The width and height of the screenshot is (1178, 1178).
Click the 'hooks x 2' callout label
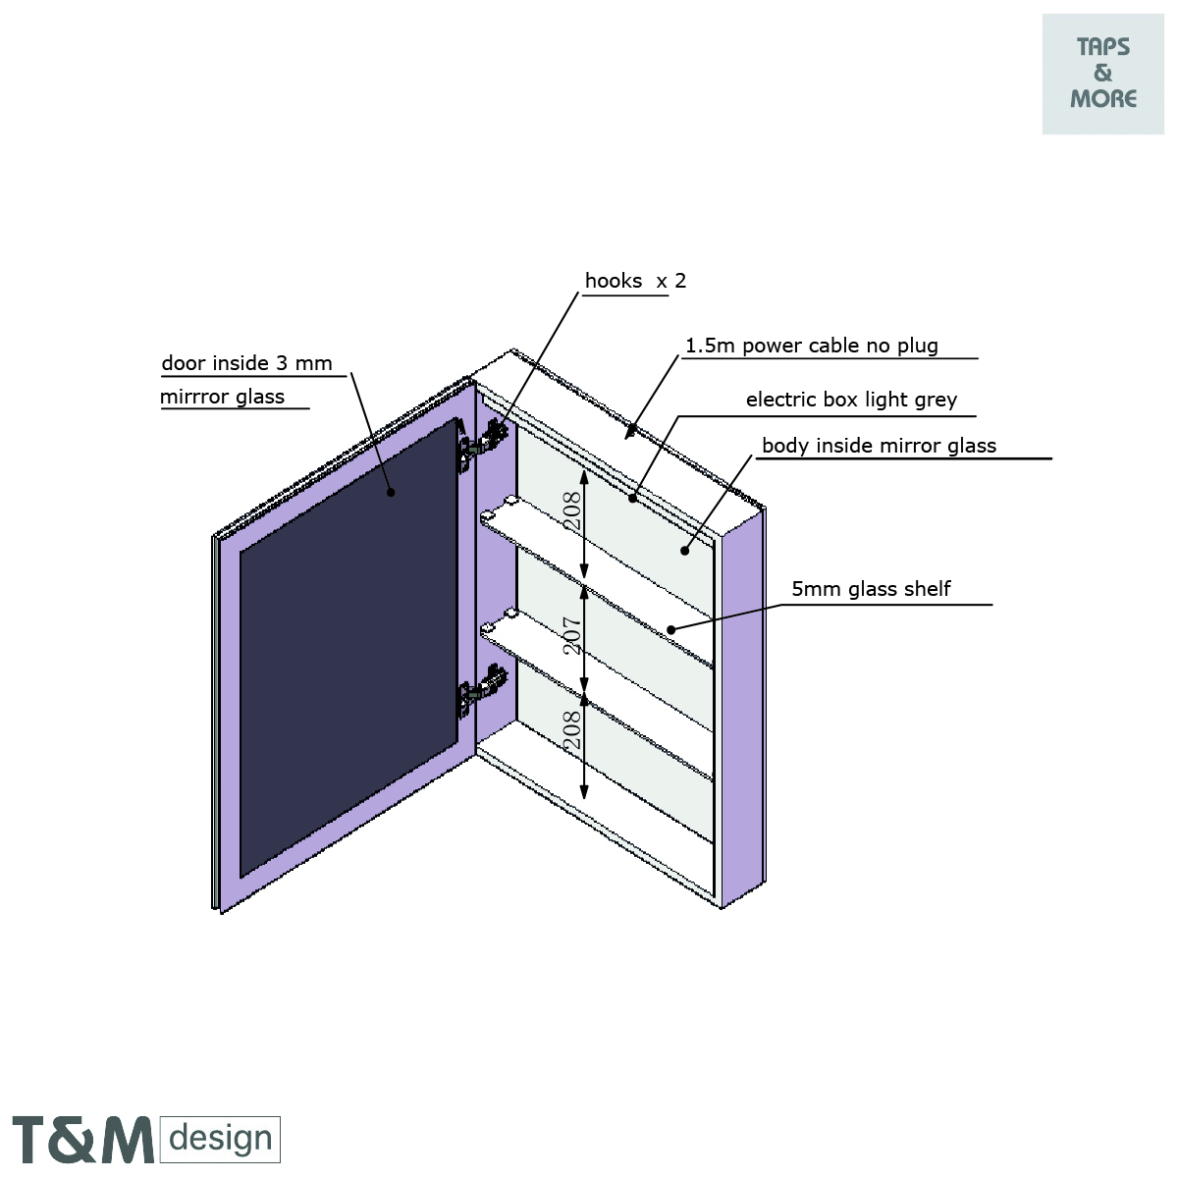coord(635,281)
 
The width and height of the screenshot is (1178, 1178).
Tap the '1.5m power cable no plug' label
coord(811,346)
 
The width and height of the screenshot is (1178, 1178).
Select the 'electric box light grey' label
coord(851,400)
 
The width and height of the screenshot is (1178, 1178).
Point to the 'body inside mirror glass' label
coord(879,446)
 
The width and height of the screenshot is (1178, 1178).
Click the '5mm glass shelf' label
coord(871,589)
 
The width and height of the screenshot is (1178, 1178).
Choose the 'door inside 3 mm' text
coord(246,363)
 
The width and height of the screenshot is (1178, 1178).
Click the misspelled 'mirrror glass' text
coord(222,397)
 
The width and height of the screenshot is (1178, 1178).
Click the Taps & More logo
coord(1103,74)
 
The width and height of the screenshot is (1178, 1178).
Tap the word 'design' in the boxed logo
coord(220,1139)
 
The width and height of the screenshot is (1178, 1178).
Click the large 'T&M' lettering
coord(83,1140)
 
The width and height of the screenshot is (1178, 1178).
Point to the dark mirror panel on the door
coord(348,648)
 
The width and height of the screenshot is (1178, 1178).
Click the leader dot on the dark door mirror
coord(391,492)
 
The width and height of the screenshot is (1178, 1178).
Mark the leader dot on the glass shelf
coord(671,629)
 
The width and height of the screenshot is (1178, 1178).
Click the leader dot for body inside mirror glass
coord(684,551)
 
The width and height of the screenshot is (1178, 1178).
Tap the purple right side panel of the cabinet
coord(743,707)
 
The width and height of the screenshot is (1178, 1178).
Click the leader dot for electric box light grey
coord(633,498)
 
